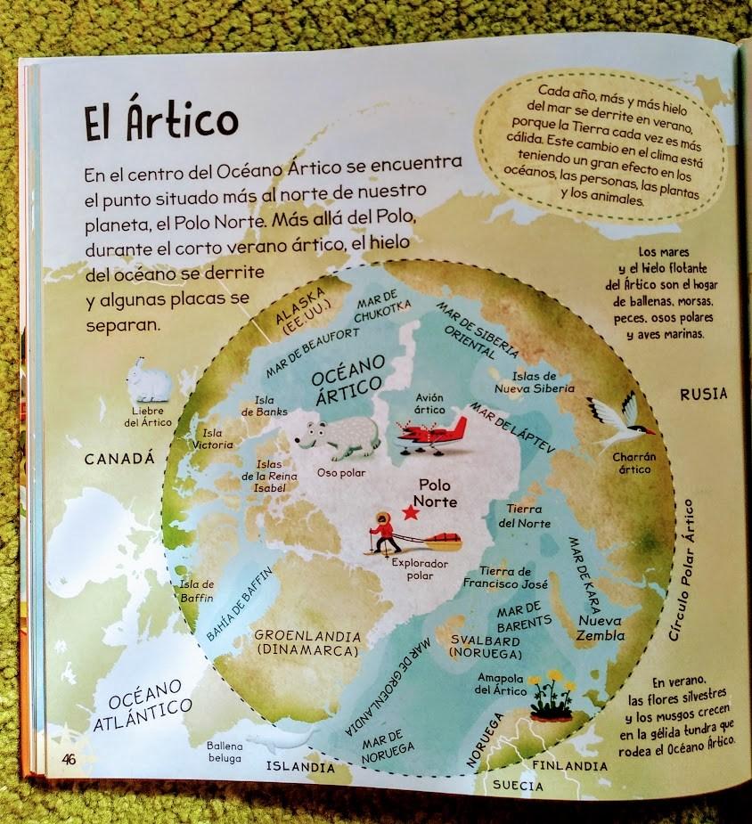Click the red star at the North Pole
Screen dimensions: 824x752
410,512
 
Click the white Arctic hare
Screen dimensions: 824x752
148,380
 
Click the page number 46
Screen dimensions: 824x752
69,759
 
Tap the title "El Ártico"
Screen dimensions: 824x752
161,122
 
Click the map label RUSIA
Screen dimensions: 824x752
703,394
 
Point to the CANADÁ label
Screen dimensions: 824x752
119,458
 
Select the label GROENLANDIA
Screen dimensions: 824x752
307,637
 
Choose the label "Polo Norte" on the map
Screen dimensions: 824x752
437,494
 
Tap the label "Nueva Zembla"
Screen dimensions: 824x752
601,628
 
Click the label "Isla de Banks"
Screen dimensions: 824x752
265,405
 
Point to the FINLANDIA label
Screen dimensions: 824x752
569,765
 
